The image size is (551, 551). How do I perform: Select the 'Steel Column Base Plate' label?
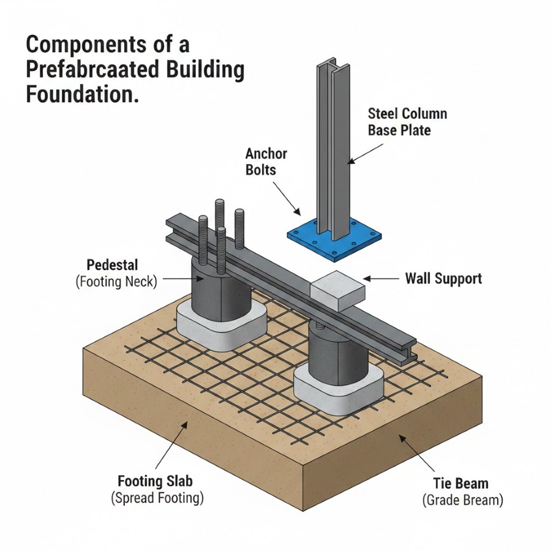(407, 122)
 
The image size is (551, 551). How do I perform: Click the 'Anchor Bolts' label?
(266, 160)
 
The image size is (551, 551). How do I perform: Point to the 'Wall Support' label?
(443, 279)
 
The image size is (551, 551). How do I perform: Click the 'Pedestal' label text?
(113, 266)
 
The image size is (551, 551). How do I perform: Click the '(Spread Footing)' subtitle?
(157, 498)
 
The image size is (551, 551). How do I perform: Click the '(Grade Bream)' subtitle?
(463, 500)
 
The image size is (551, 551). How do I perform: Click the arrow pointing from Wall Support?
(383, 279)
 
